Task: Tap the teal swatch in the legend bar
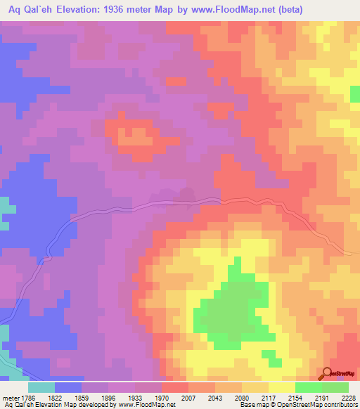point(41,387)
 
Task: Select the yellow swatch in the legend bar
point(282,387)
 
